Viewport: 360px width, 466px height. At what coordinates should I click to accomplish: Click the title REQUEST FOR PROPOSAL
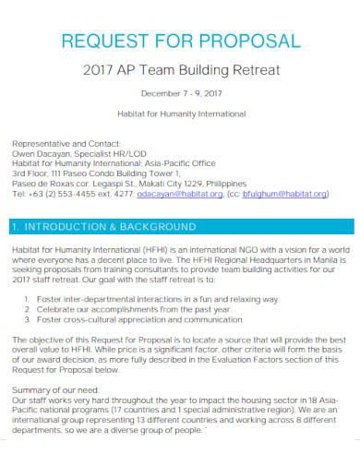179,41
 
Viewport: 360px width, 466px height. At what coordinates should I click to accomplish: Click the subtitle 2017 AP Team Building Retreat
179,70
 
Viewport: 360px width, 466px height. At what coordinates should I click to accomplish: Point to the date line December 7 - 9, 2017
179,94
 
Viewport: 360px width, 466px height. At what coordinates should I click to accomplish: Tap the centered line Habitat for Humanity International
179,114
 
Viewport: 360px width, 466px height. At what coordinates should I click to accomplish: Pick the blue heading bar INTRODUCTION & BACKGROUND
179,226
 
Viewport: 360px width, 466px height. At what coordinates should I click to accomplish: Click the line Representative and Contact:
59,144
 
